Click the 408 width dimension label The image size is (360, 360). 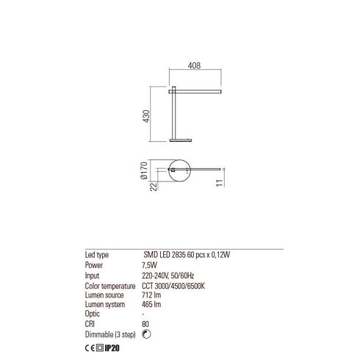point(194,65)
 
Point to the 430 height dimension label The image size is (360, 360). point(146,116)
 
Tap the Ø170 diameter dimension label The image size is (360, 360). point(144,170)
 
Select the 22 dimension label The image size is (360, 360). point(154,187)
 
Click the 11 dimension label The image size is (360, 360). point(220,183)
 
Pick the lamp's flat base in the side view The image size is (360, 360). point(181,140)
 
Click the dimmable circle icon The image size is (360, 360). point(146,334)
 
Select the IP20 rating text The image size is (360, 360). point(112,348)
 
